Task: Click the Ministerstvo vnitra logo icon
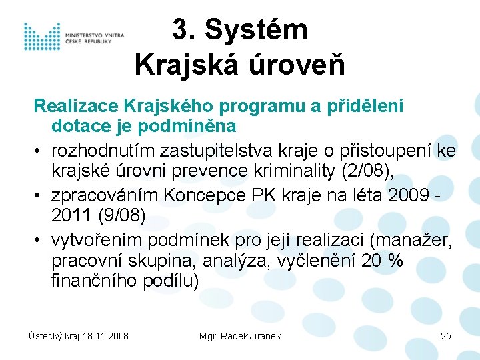pyautogui.click(x=41, y=37)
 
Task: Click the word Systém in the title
pyautogui.click(x=256, y=30)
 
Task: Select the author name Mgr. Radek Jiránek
pyautogui.click(x=240, y=336)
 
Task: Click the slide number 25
pyautogui.click(x=446, y=336)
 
